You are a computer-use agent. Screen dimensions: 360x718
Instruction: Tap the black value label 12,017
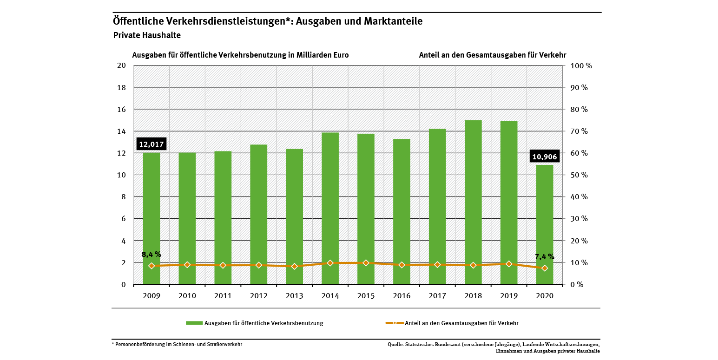(152, 144)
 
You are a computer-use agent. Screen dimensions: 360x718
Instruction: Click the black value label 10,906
(544, 157)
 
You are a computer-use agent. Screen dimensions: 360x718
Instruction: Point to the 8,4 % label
(152, 254)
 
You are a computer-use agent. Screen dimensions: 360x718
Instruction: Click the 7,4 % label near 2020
(544, 256)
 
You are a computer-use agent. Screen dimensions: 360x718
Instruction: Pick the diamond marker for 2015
(366, 263)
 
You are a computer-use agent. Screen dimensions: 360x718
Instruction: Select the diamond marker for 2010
(187, 265)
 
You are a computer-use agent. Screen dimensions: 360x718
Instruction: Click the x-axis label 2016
(402, 295)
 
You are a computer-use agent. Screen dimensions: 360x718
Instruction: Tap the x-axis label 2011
(223, 295)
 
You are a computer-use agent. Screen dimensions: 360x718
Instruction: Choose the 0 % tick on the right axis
(576, 285)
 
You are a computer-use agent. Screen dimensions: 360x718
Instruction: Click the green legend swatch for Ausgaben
(194, 323)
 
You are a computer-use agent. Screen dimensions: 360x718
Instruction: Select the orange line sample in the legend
(395, 323)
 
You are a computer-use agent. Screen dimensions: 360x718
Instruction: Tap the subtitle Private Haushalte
(147, 35)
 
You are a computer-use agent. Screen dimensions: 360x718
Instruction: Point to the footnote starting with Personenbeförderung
(178, 344)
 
